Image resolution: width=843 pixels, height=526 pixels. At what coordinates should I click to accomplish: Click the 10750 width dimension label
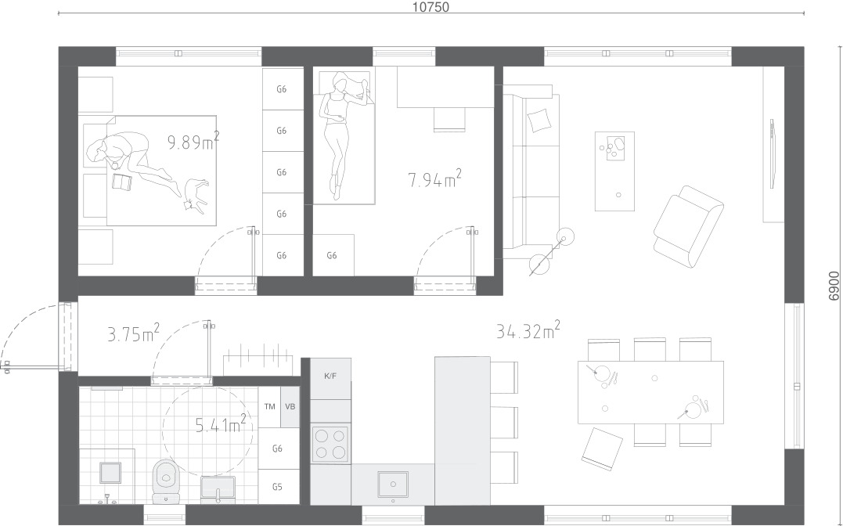pos(430,7)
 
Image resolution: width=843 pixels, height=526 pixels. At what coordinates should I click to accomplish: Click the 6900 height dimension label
pos(834,286)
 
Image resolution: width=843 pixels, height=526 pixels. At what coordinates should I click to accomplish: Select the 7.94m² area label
pos(434,178)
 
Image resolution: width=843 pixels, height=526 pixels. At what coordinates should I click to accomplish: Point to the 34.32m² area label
pos(528,330)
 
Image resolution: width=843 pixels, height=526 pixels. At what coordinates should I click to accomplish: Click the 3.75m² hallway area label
pos(133,333)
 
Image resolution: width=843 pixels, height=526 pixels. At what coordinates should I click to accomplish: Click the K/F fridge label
pos(330,376)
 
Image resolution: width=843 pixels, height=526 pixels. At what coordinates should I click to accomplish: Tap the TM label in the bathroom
pos(269,406)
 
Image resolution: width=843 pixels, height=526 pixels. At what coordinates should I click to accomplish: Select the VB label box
pos(290,406)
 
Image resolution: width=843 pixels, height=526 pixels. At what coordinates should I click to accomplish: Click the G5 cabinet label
pos(277,488)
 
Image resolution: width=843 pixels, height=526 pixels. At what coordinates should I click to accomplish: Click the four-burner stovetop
pos(330,445)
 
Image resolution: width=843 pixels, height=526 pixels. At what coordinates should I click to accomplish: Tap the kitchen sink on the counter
pos(392,484)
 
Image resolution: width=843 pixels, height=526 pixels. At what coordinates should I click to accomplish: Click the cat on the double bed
pos(196,195)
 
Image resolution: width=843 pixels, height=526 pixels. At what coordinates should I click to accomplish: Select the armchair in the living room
pos(688,226)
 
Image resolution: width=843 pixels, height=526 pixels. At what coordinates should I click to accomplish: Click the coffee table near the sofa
pos(614,171)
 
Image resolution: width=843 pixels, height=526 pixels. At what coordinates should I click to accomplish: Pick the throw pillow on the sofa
pos(539,121)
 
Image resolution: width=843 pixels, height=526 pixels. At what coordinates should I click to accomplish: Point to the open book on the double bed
pos(122,182)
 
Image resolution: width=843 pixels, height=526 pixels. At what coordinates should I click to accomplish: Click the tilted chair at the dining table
pos(602,449)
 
